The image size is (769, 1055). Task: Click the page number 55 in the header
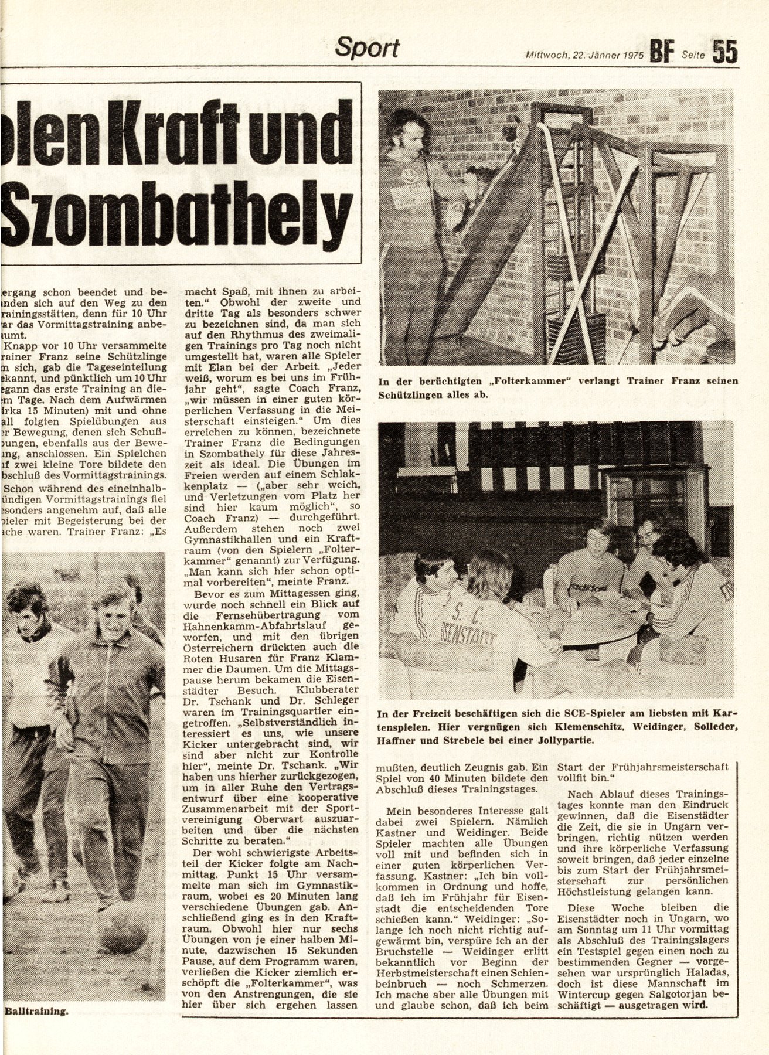click(724, 51)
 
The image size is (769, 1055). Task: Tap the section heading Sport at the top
click(367, 47)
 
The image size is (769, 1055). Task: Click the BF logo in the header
click(663, 52)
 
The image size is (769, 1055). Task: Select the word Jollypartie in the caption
click(563, 740)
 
